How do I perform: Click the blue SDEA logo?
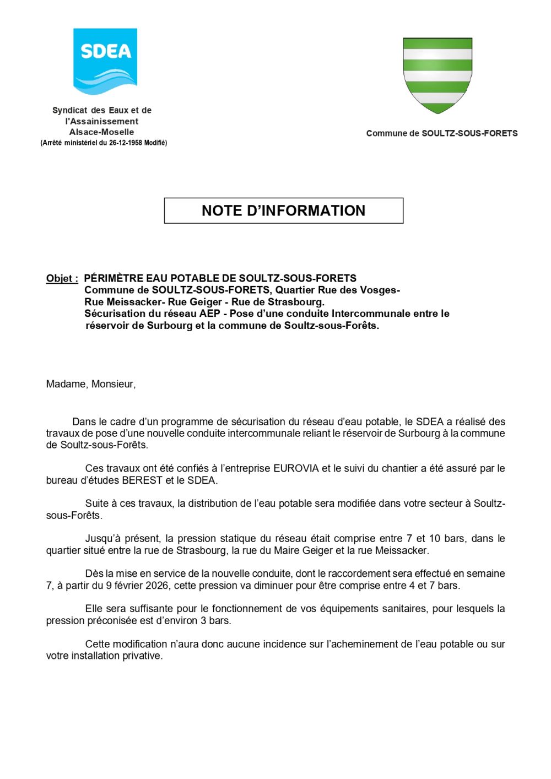pyautogui.click(x=105, y=61)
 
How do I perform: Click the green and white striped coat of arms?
pyautogui.click(x=437, y=74)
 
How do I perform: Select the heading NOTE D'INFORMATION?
pyautogui.click(x=283, y=210)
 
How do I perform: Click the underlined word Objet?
pyautogui.click(x=61, y=279)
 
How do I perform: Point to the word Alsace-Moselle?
pyautogui.click(x=102, y=132)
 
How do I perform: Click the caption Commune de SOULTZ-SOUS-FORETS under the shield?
pyautogui.click(x=442, y=133)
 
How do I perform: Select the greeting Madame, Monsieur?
pyautogui.click(x=91, y=384)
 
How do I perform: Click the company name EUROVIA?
pyautogui.click(x=296, y=469)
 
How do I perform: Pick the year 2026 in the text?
pyautogui.click(x=159, y=586)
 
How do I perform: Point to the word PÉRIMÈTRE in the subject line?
pyautogui.click(x=114, y=279)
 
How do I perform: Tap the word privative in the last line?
pyautogui.click(x=145, y=656)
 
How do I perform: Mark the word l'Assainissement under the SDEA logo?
pyautogui.click(x=102, y=122)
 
